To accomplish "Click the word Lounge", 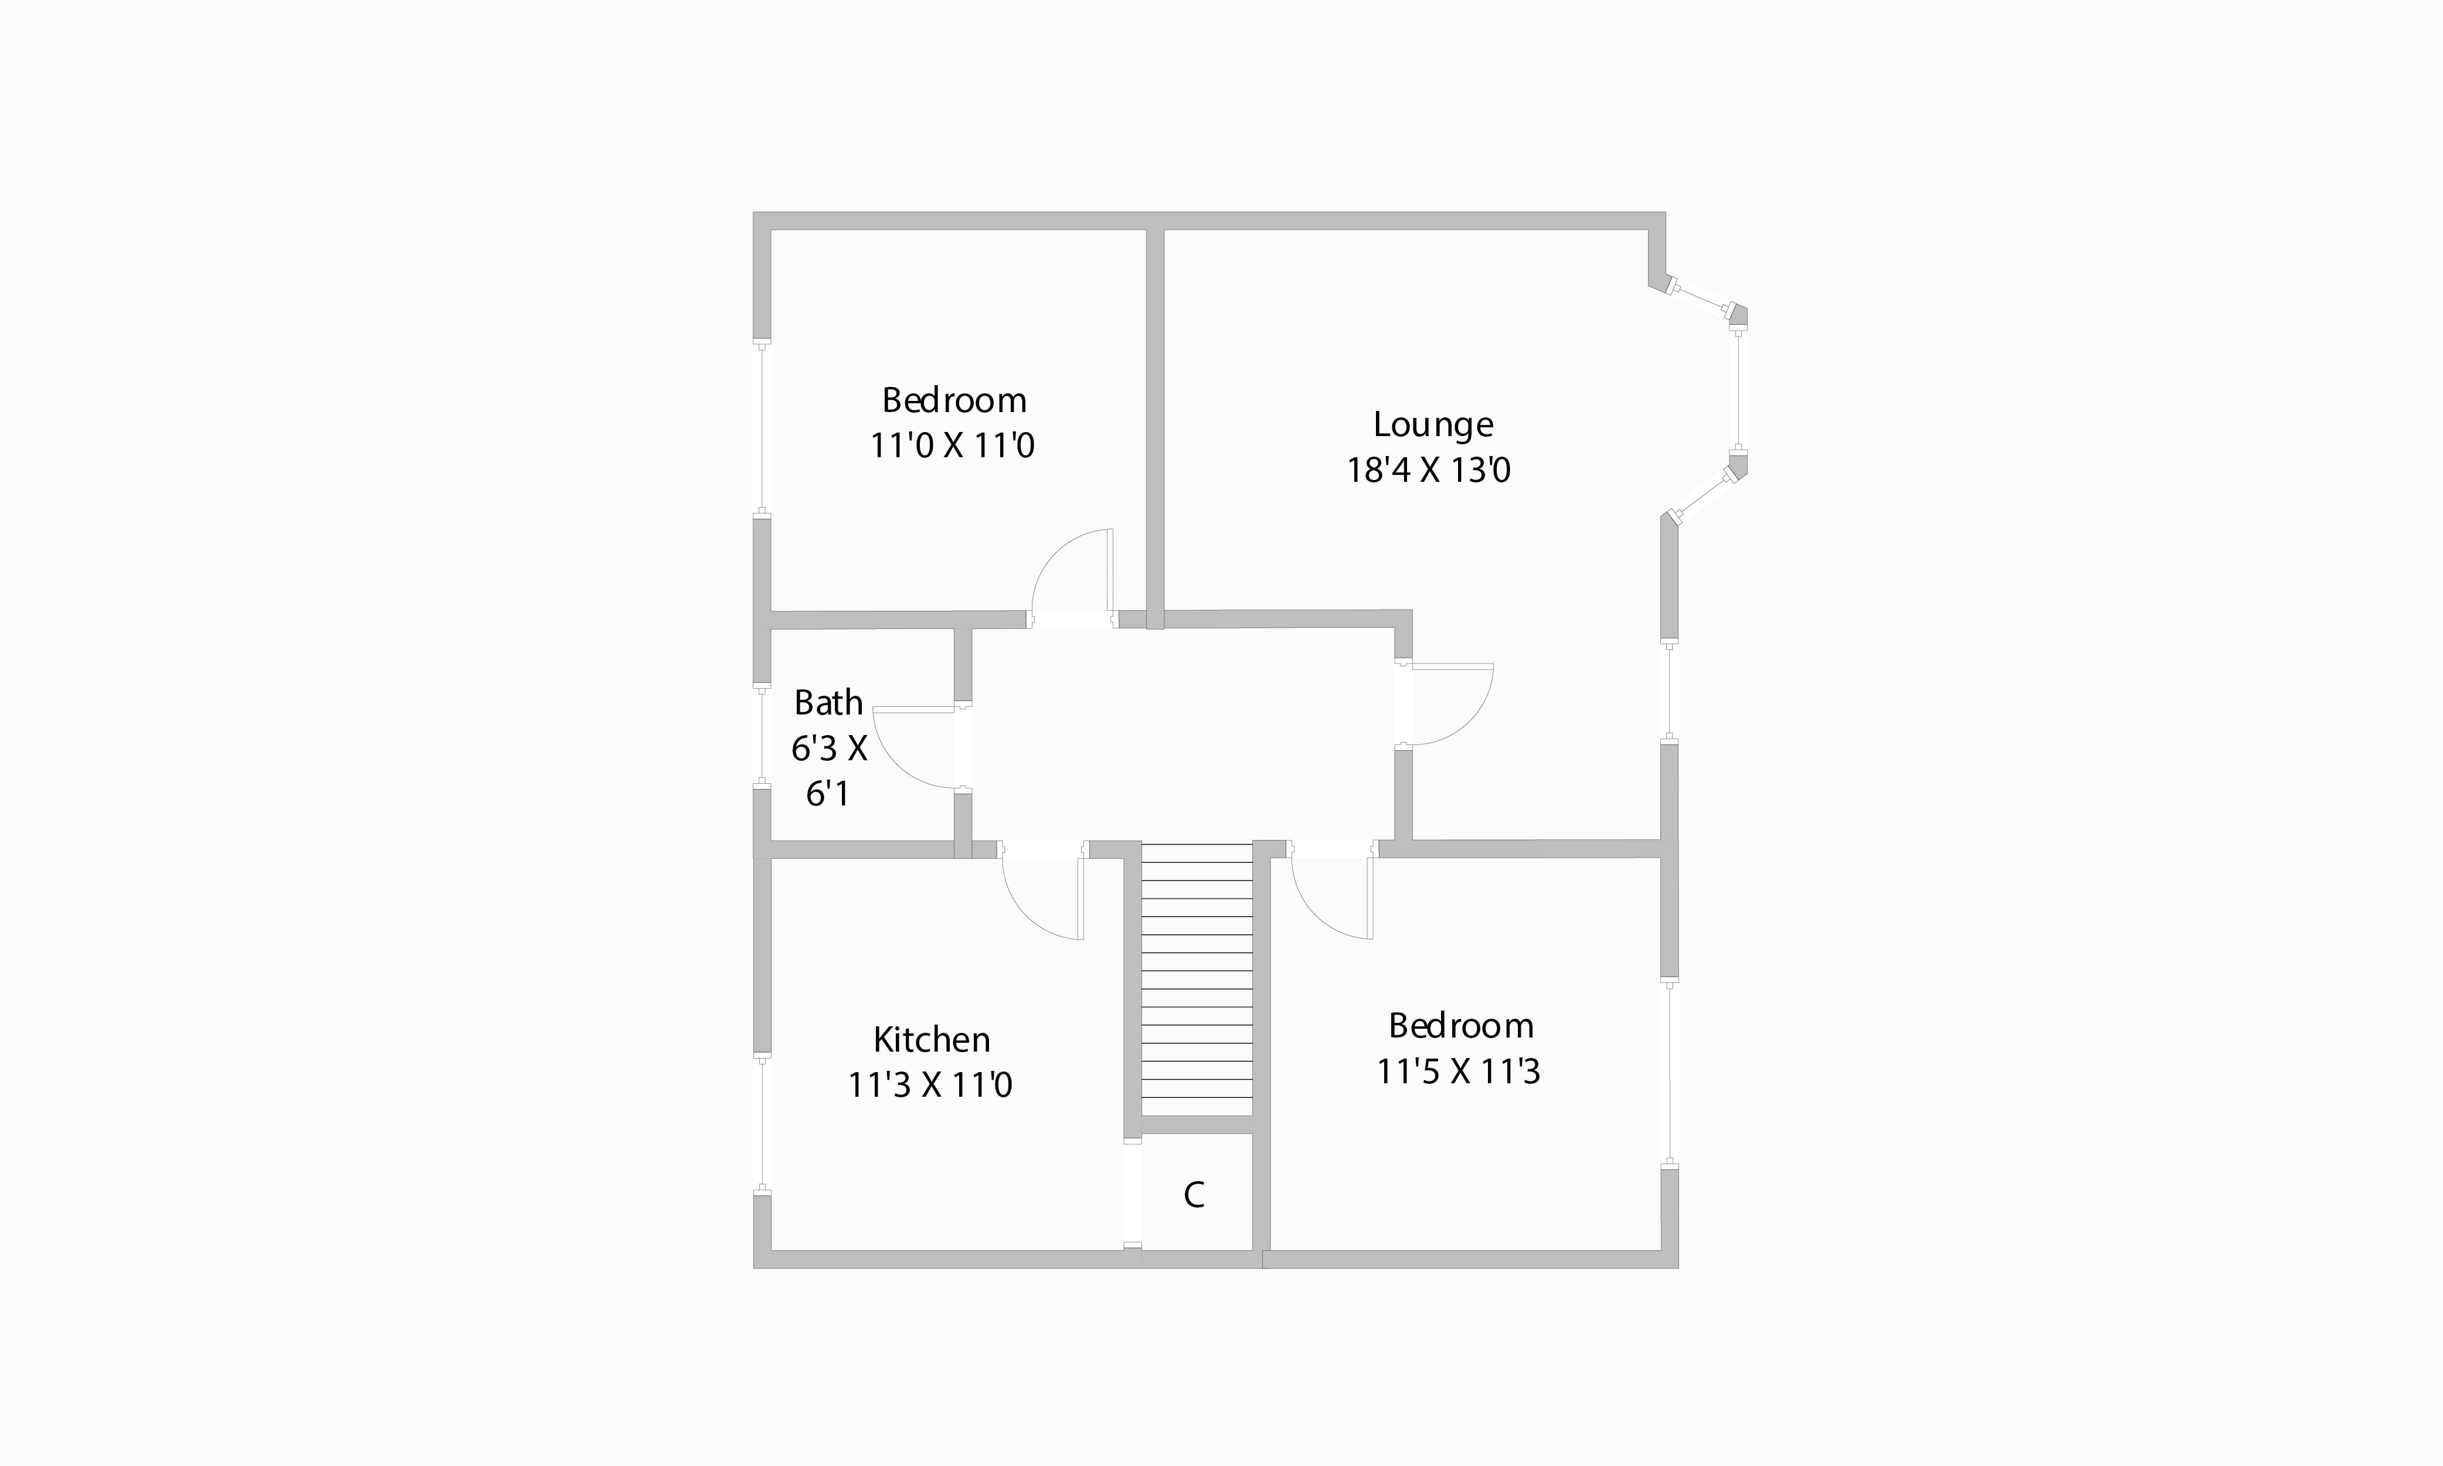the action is tap(1432, 425).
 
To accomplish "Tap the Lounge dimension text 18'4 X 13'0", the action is tap(1429, 470).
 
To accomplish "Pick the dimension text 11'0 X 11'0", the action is tap(952, 445).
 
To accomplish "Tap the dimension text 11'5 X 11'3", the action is tap(1458, 1072).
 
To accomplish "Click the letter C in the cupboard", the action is tap(1193, 1195).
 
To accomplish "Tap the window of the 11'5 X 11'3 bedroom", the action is tap(1670, 1074).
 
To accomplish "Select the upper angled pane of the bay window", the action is tap(1701, 300).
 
